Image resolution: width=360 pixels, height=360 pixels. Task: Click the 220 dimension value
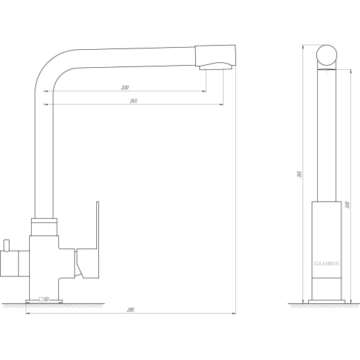coord(125,88)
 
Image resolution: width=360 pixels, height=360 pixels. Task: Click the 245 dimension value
coord(134,101)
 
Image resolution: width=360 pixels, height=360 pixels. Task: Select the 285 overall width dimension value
coord(131,309)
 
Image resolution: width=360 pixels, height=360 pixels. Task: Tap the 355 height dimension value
coord(300,174)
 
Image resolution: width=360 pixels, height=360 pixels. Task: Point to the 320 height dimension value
coord(348,205)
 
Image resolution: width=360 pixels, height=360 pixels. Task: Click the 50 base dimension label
coord(46,299)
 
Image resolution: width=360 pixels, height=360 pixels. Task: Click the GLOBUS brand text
coord(327,264)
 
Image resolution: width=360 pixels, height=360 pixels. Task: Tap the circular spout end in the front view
coord(327,55)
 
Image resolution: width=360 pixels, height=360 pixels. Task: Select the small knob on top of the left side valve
coord(6,245)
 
